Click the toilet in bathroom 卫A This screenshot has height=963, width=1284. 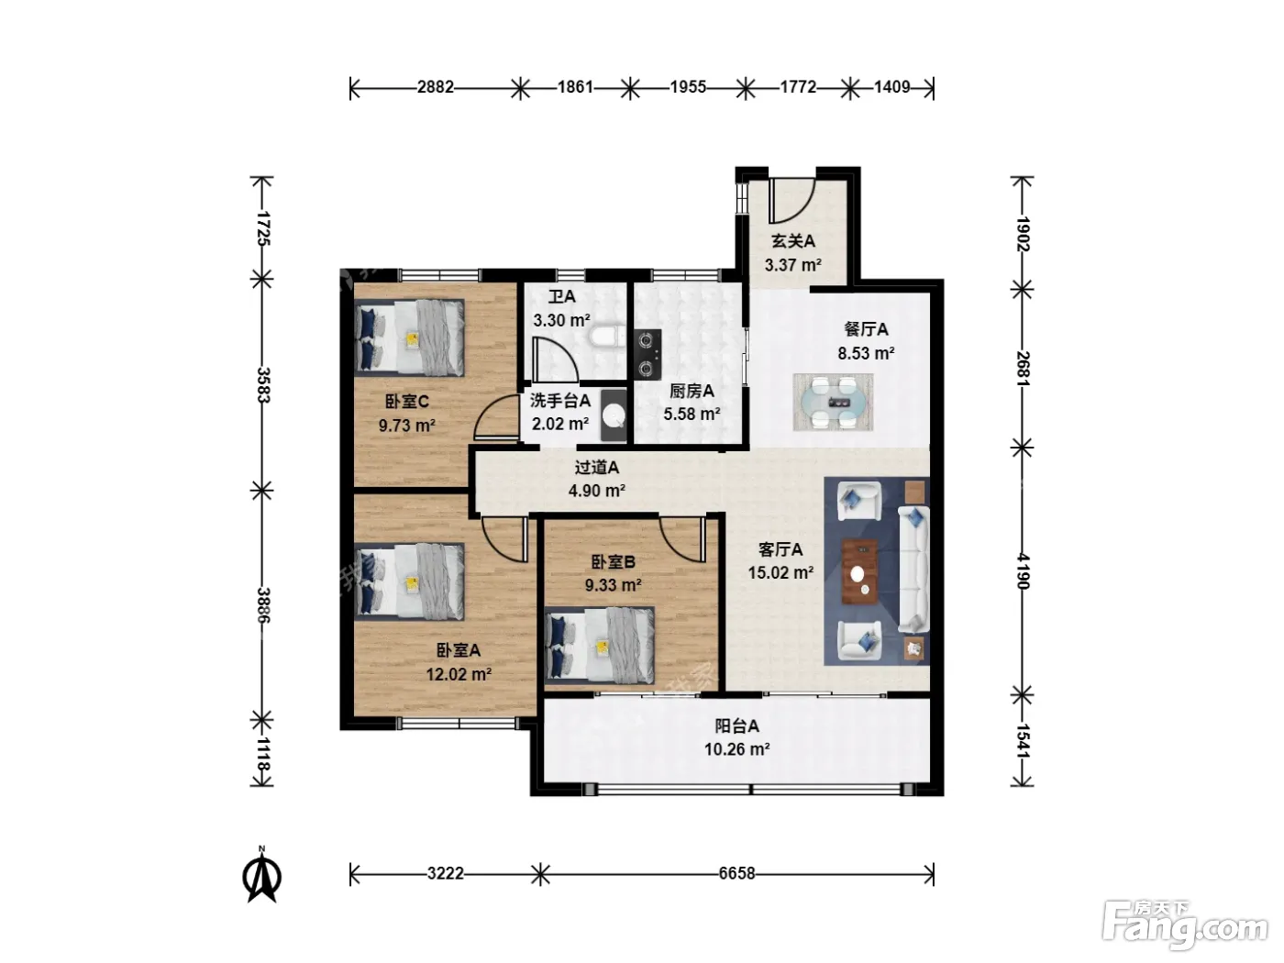tap(603, 338)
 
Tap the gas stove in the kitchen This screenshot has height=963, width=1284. tap(648, 354)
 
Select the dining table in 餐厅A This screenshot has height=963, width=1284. tap(833, 403)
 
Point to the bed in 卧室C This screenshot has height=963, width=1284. tap(409, 338)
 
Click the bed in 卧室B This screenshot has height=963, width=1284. tap(600, 645)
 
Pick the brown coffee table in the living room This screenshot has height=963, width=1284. tap(859, 571)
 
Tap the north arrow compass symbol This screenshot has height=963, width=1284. tap(262, 875)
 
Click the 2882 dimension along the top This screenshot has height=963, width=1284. tap(436, 87)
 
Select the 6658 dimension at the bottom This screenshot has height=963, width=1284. tap(737, 873)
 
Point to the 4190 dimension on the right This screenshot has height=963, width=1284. tap(1023, 570)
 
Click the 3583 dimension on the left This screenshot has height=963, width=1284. tap(262, 384)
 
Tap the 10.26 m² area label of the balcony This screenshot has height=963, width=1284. tap(737, 749)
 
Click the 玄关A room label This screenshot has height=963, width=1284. tap(793, 241)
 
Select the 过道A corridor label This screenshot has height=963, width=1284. tap(597, 467)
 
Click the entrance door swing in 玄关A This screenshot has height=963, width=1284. tap(791, 200)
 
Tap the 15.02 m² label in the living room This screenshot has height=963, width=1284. tap(780, 572)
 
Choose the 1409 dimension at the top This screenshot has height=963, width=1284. tap(892, 87)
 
